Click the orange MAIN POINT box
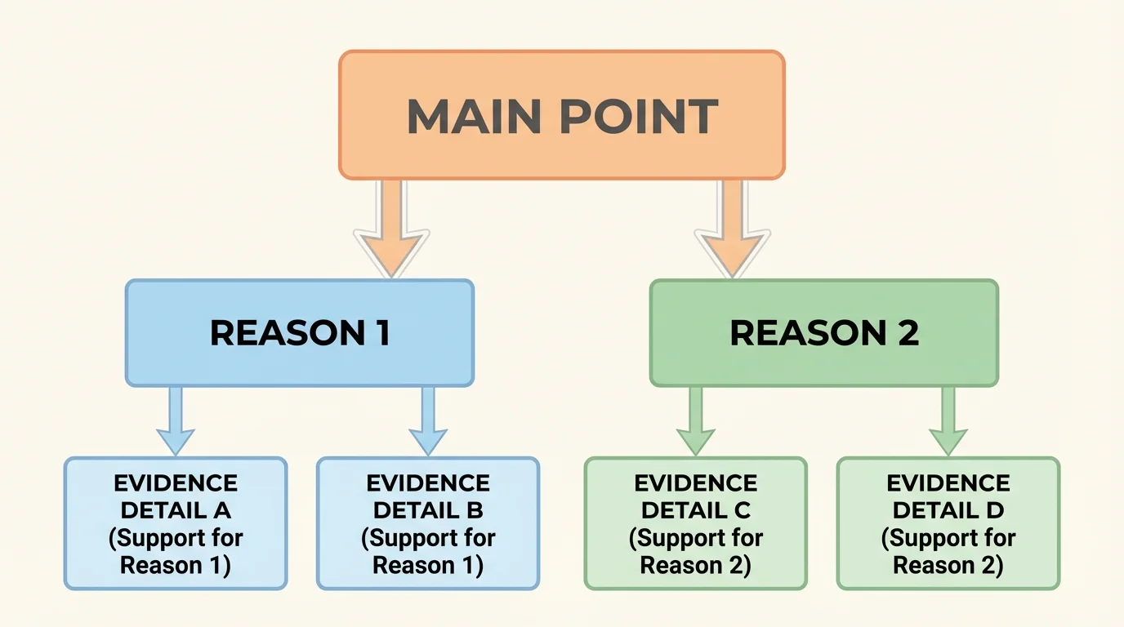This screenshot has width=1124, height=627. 562,114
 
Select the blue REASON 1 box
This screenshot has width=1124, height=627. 300,332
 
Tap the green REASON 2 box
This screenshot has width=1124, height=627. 823,332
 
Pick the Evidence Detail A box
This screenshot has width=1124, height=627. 176,523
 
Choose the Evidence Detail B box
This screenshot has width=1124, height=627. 428,523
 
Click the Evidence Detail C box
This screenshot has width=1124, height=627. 696,523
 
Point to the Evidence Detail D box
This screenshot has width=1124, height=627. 948,523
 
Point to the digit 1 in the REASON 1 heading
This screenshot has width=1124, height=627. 381,333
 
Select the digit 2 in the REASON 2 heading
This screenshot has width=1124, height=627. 908,333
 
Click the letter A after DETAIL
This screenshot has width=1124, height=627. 222,511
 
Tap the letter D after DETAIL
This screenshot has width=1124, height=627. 995,511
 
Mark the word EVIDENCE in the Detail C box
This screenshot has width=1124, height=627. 696,483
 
